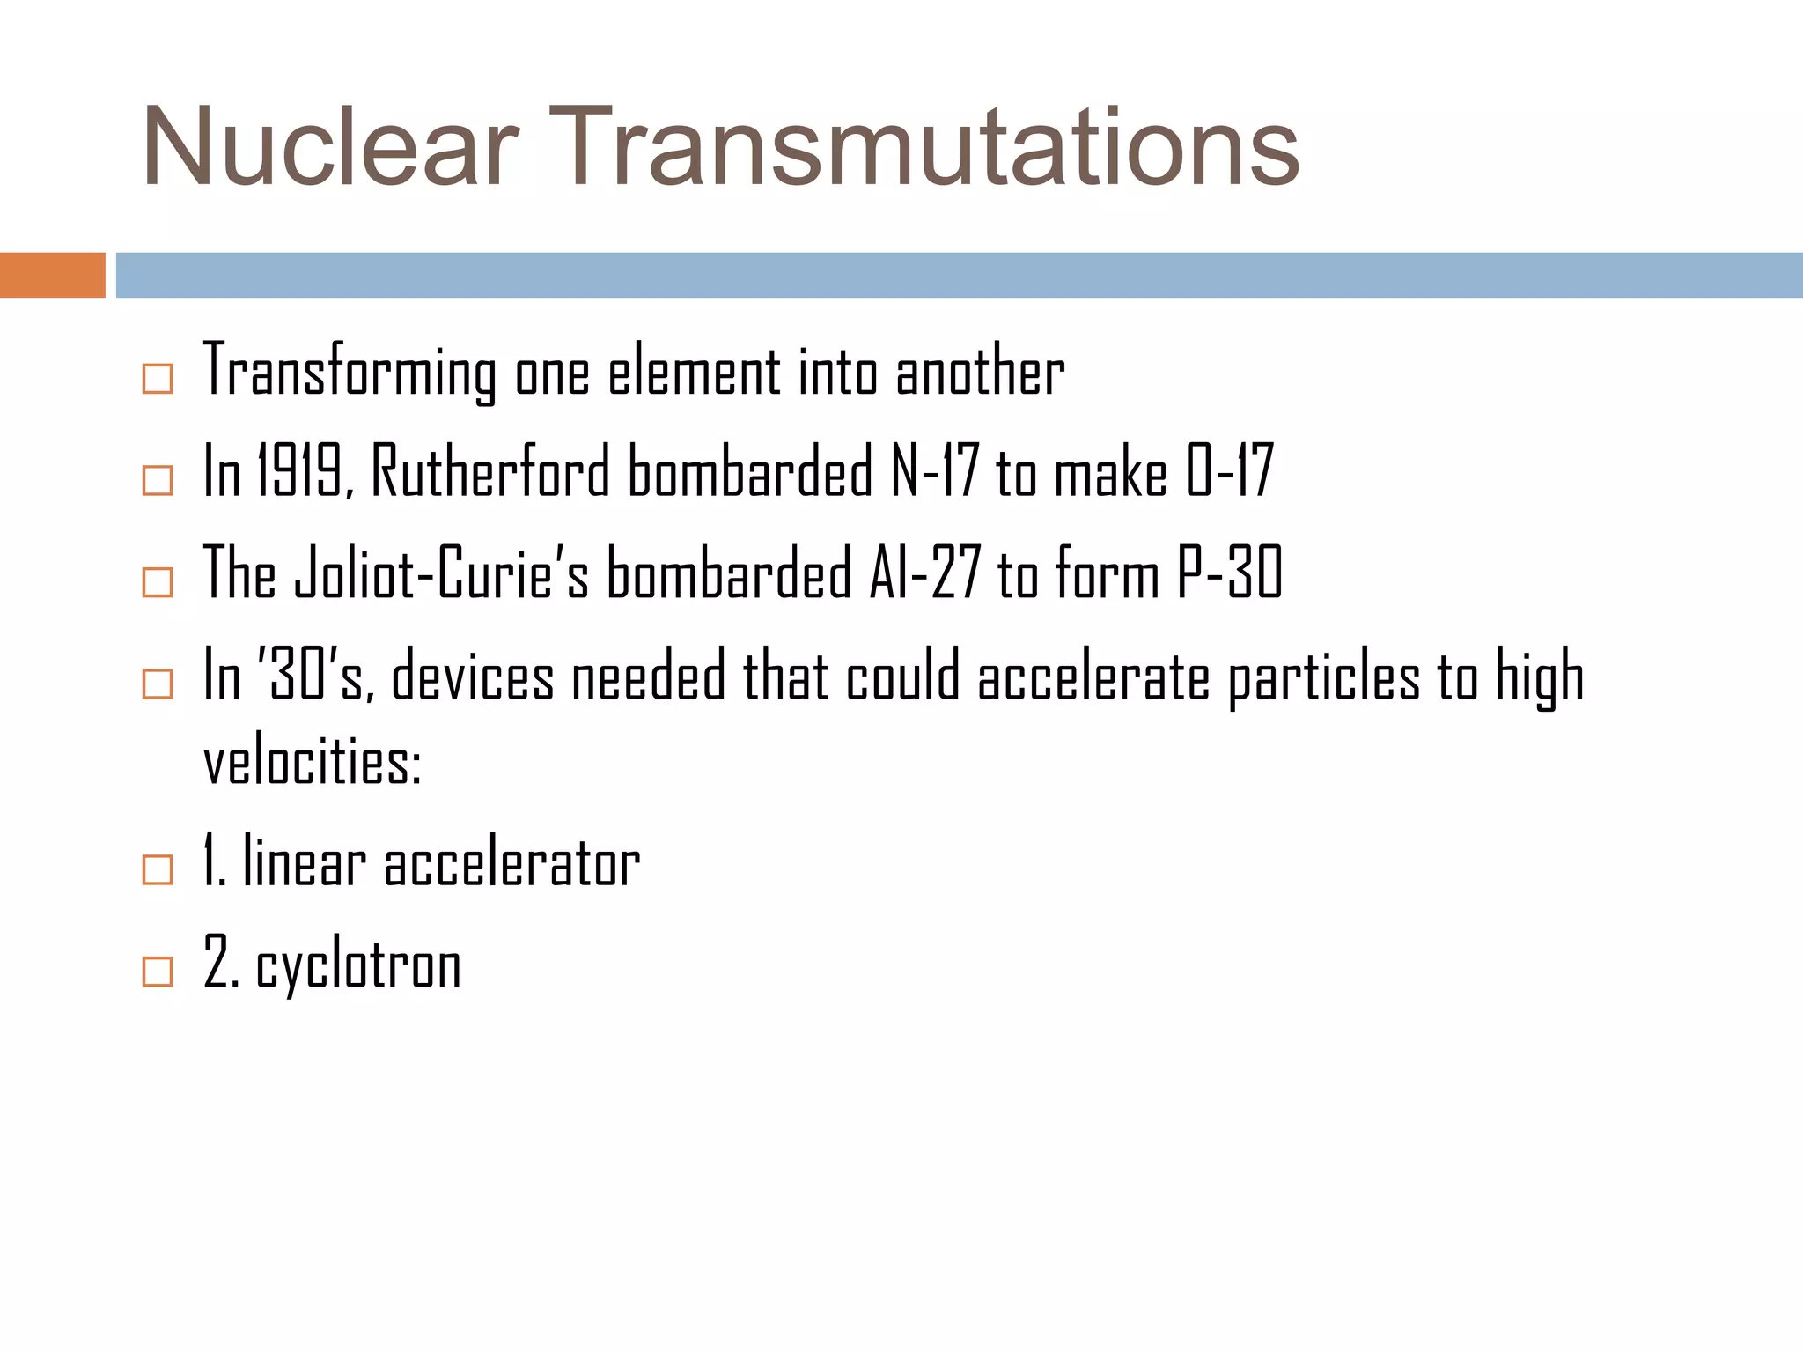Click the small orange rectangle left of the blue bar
52,275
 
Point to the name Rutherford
490,471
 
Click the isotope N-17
933,471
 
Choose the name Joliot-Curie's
440,573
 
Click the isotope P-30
1229,573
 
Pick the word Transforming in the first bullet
350,372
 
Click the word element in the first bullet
694,372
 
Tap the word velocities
313,763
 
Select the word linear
304,863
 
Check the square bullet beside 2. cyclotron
158,972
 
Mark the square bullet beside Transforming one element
158,379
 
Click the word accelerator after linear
511,863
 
